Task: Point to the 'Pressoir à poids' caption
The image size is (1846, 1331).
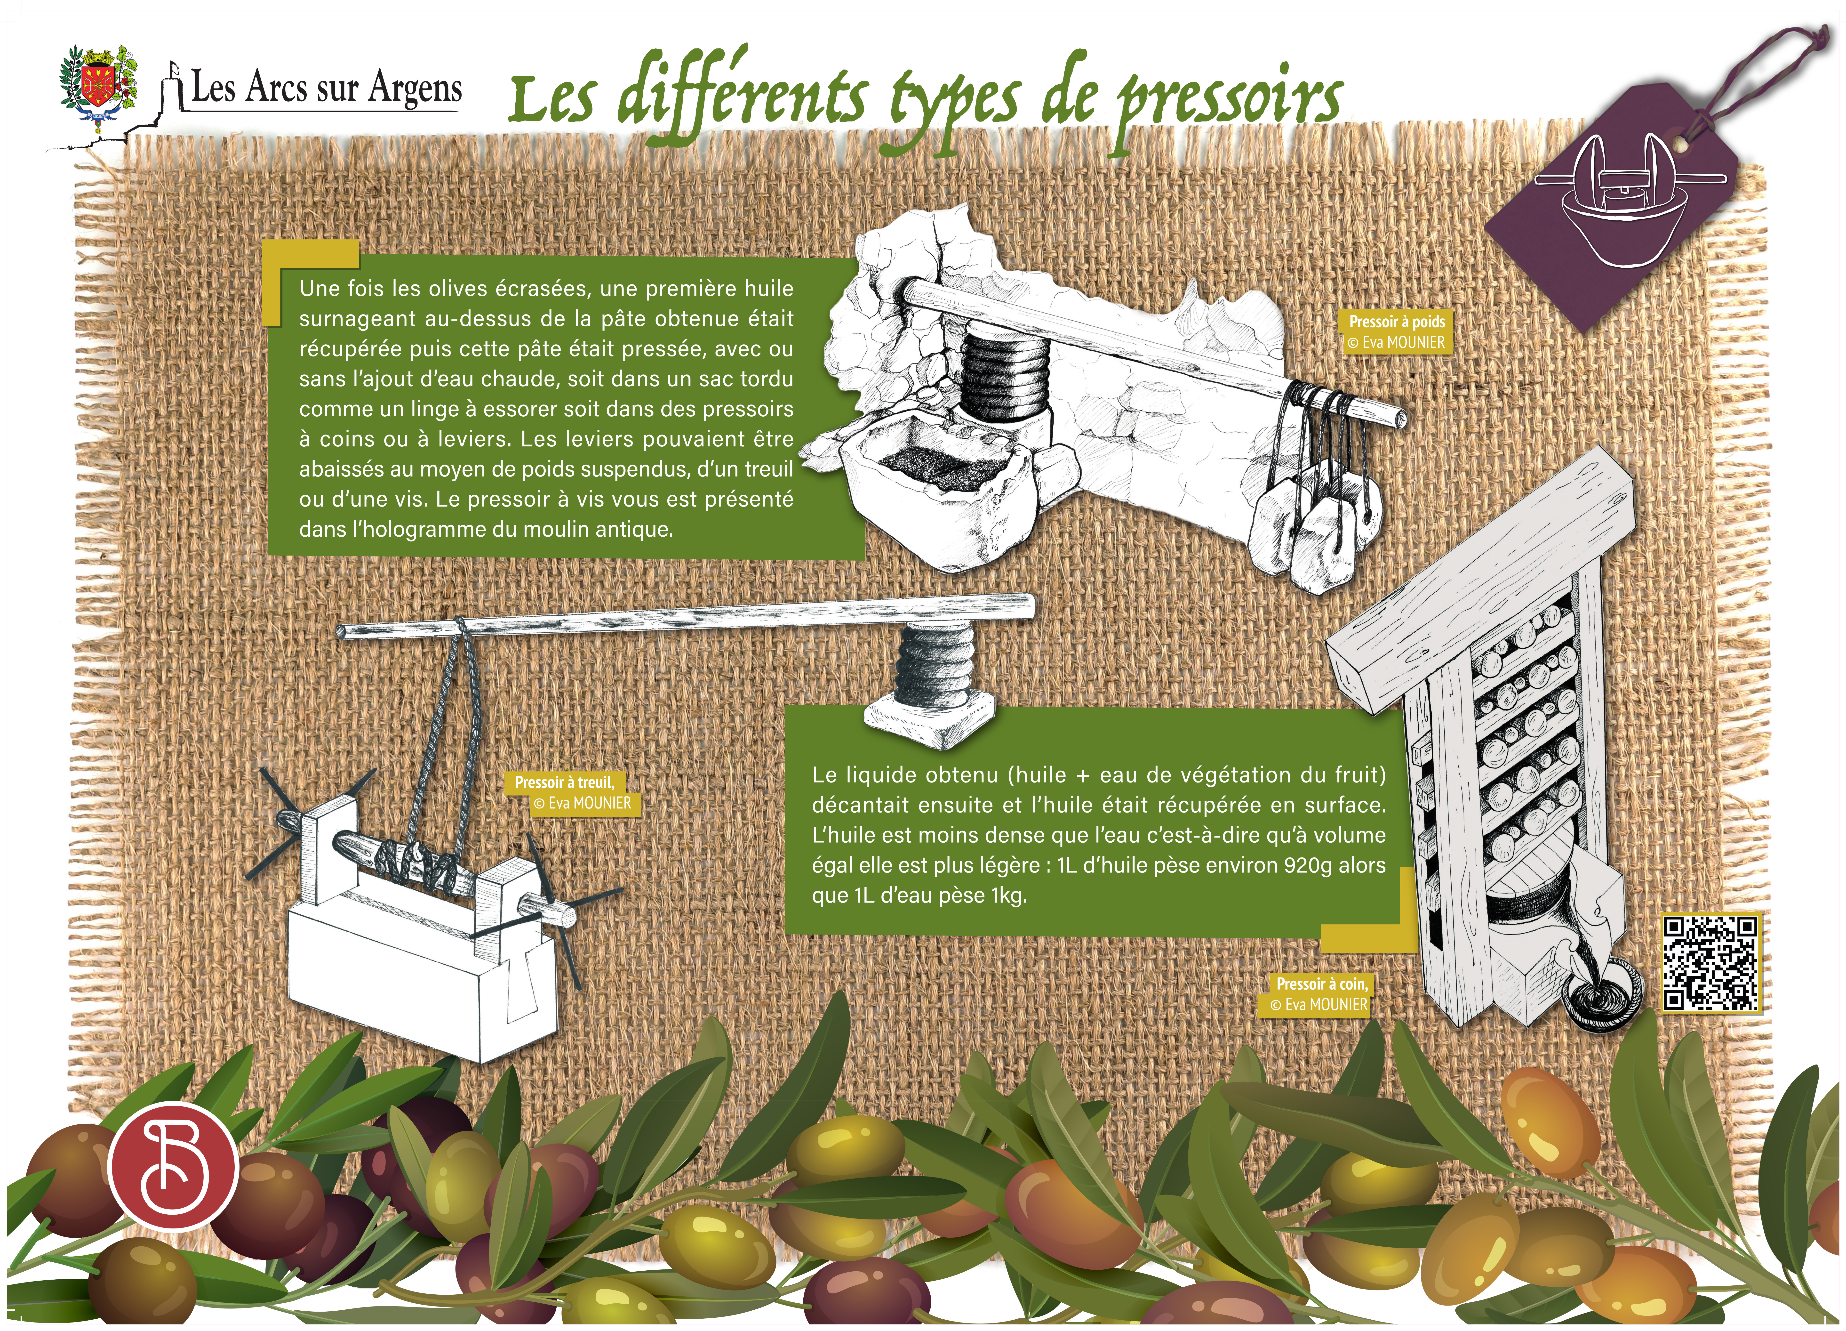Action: point(1397,322)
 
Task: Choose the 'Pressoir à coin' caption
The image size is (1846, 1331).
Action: point(1322,984)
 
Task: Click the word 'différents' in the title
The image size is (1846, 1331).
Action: point(741,102)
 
